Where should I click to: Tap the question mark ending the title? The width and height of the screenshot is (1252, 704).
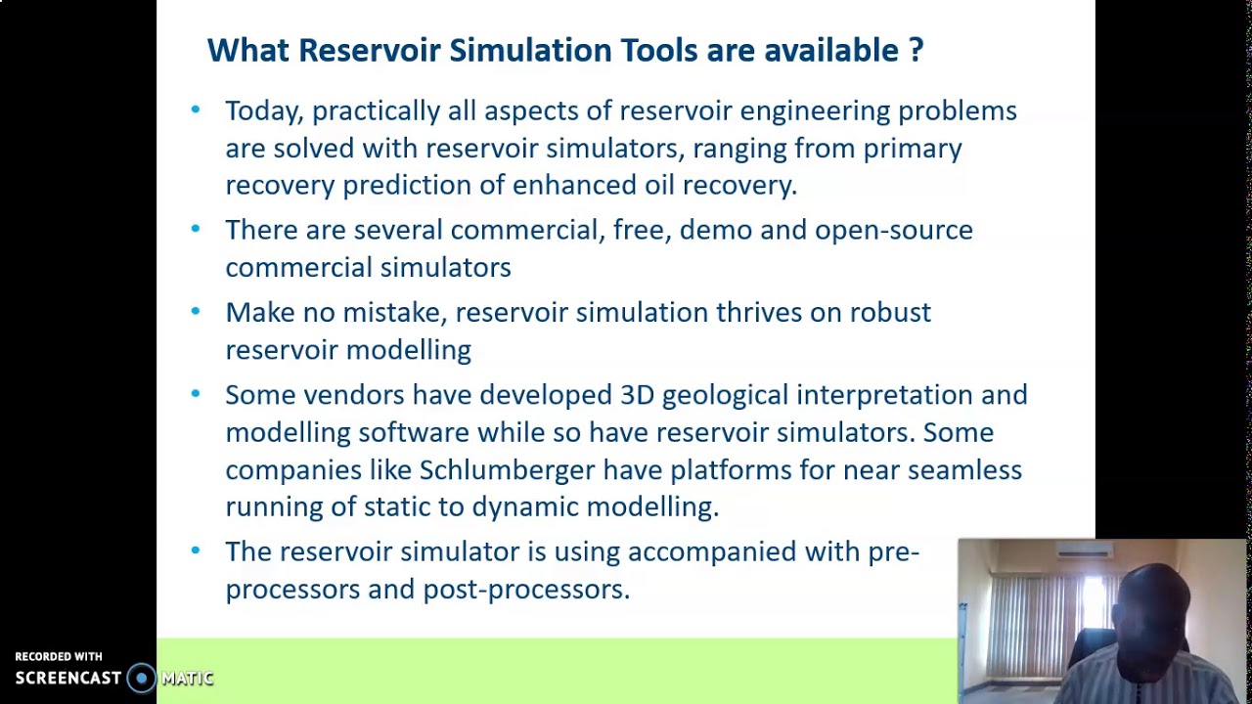click(916, 51)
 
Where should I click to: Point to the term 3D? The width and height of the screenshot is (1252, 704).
click(637, 395)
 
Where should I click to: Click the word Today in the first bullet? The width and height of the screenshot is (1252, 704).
click(264, 111)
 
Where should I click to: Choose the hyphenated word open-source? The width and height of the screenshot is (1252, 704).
click(893, 231)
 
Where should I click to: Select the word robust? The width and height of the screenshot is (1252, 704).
click(889, 313)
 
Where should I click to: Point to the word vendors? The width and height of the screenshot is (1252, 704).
click(353, 395)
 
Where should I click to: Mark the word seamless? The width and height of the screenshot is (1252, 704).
click(963, 470)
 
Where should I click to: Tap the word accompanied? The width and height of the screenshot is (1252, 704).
click(711, 552)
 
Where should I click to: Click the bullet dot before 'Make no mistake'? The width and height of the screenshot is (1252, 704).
click(196, 312)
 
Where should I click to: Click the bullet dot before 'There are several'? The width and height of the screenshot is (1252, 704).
click(196, 230)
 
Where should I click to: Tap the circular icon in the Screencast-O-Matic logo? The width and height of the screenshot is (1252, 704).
click(142, 678)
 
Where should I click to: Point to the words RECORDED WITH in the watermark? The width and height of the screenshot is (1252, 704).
click(59, 657)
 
